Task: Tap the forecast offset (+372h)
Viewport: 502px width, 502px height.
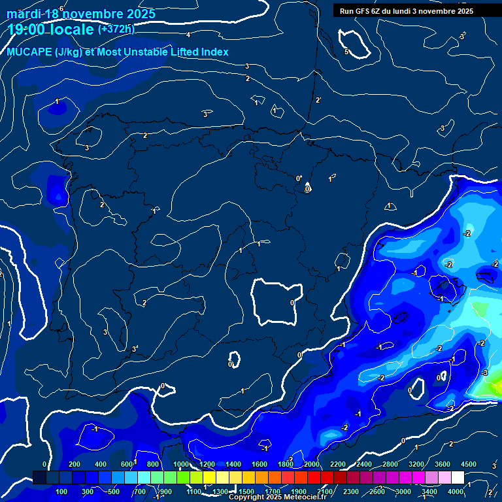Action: click(116, 29)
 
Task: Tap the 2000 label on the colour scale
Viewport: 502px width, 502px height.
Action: click(312, 464)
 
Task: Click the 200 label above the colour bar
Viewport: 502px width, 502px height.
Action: click(75, 464)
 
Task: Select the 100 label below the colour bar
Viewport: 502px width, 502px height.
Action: click(62, 492)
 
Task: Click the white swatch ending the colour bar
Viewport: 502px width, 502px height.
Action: click(458, 478)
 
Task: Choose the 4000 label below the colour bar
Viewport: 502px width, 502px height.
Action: click(456, 492)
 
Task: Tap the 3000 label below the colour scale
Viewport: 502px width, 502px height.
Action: click(403, 492)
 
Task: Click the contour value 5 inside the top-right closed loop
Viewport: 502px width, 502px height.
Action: click(347, 52)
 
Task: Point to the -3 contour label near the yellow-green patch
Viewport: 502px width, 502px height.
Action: click(484, 373)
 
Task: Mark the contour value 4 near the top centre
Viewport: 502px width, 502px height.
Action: click(188, 35)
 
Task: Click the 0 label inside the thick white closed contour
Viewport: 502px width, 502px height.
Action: click(292, 303)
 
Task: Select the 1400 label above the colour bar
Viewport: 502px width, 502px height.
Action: click(233, 464)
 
